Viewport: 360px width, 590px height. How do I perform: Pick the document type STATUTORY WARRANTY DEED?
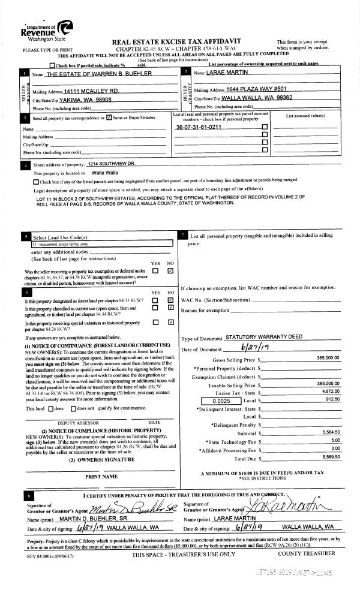click(255, 338)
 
